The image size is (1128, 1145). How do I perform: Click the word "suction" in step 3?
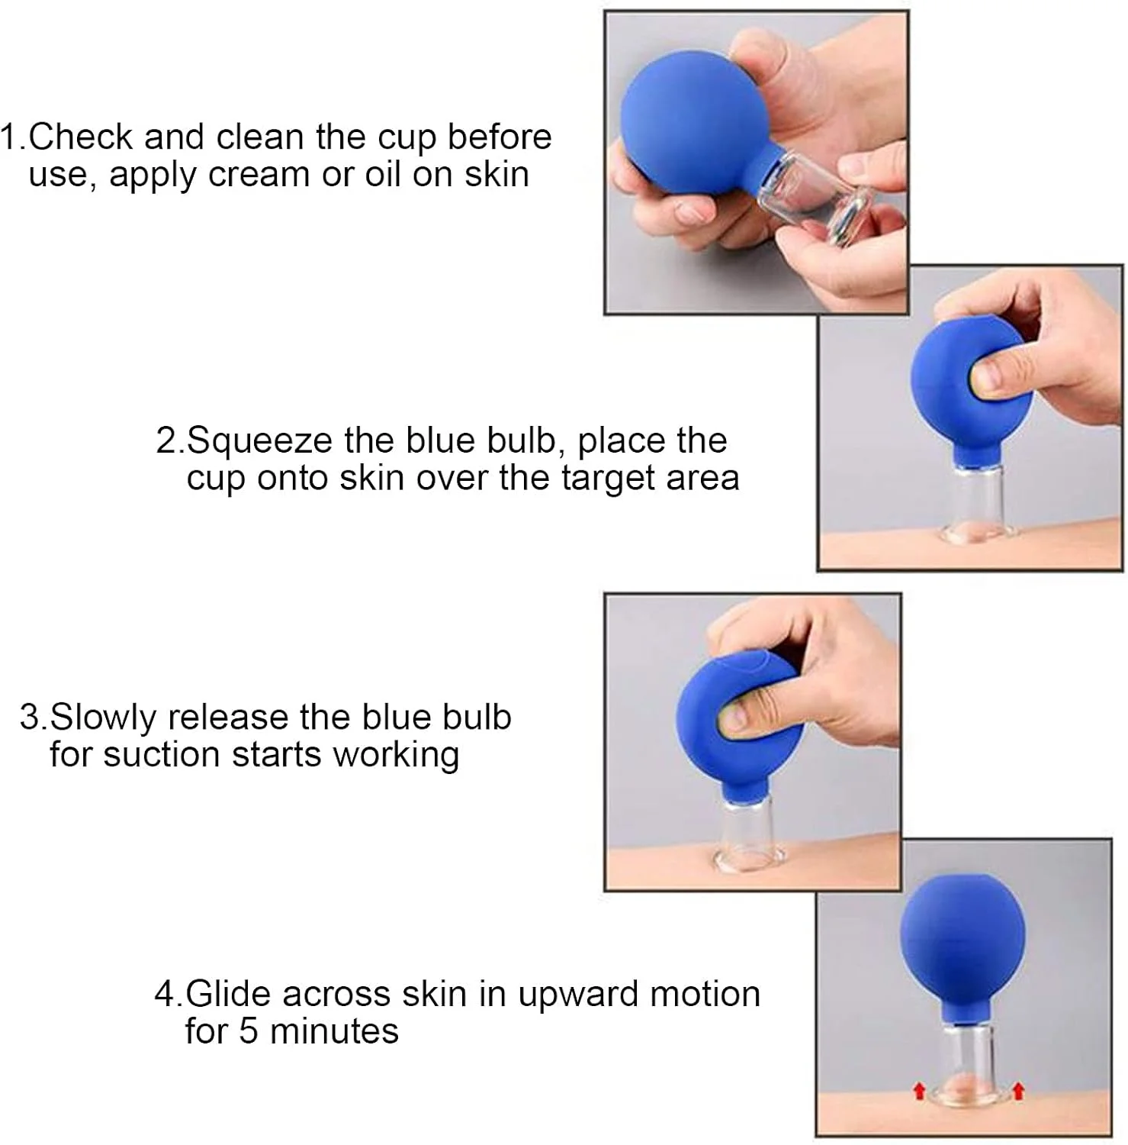(x=162, y=755)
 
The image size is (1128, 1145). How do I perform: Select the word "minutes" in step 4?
(x=334, y=1031)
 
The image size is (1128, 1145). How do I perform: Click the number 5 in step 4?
(x=249, y=1031)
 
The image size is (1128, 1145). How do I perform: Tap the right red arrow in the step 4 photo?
(x=1017, y=1089)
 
